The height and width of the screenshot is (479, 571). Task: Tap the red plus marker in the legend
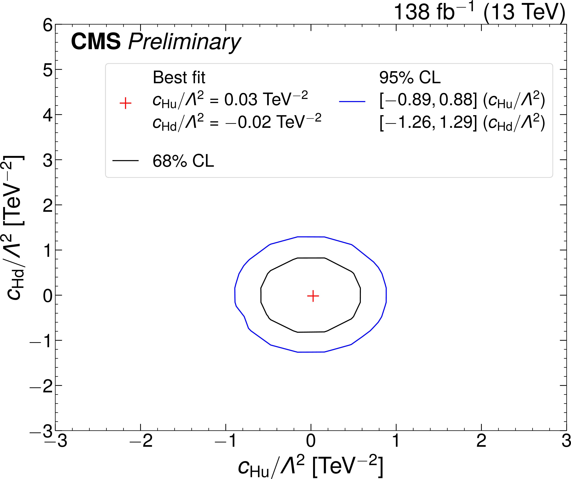125,103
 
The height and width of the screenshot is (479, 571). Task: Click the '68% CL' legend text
183,161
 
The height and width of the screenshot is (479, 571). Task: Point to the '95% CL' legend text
410,78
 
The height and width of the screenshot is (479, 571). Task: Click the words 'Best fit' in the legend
179,78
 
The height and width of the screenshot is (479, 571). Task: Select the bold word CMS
96,41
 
